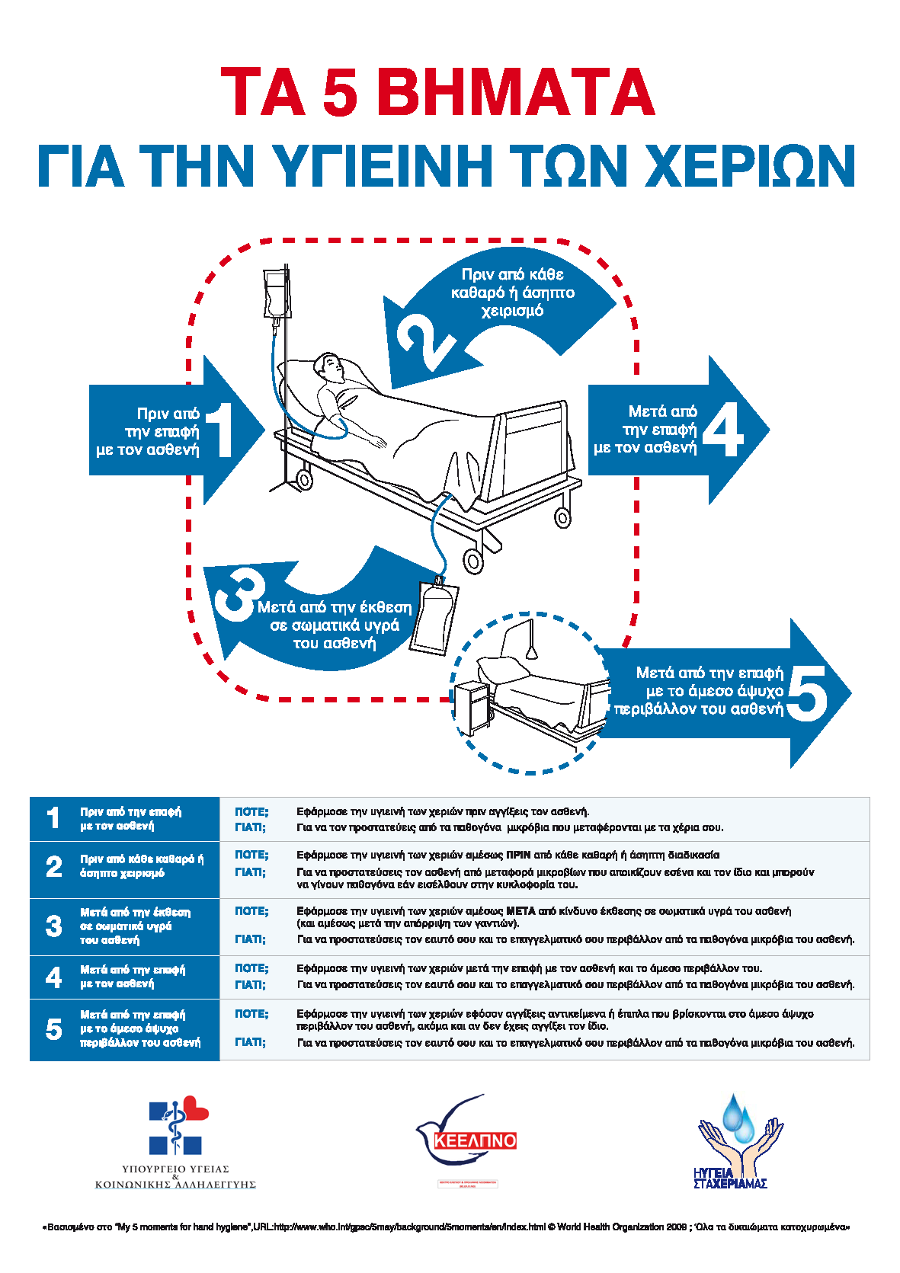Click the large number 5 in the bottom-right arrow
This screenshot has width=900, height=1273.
[807, 692]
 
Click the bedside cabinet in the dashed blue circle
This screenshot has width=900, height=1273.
[472, 708]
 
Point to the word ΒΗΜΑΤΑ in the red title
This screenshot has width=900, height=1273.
[515, 92]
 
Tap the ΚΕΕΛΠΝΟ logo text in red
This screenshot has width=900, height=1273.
[475, 1140]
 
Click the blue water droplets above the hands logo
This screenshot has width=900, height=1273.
[738, 1115]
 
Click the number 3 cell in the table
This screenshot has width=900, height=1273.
[53, 926]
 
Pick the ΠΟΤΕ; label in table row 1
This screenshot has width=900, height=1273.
[251, 812]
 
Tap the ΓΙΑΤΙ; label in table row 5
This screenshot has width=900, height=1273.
[250, 1042]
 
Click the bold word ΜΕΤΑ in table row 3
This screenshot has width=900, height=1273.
[521, 911]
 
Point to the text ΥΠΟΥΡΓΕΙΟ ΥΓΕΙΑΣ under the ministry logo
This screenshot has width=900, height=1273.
[175, 1169]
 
